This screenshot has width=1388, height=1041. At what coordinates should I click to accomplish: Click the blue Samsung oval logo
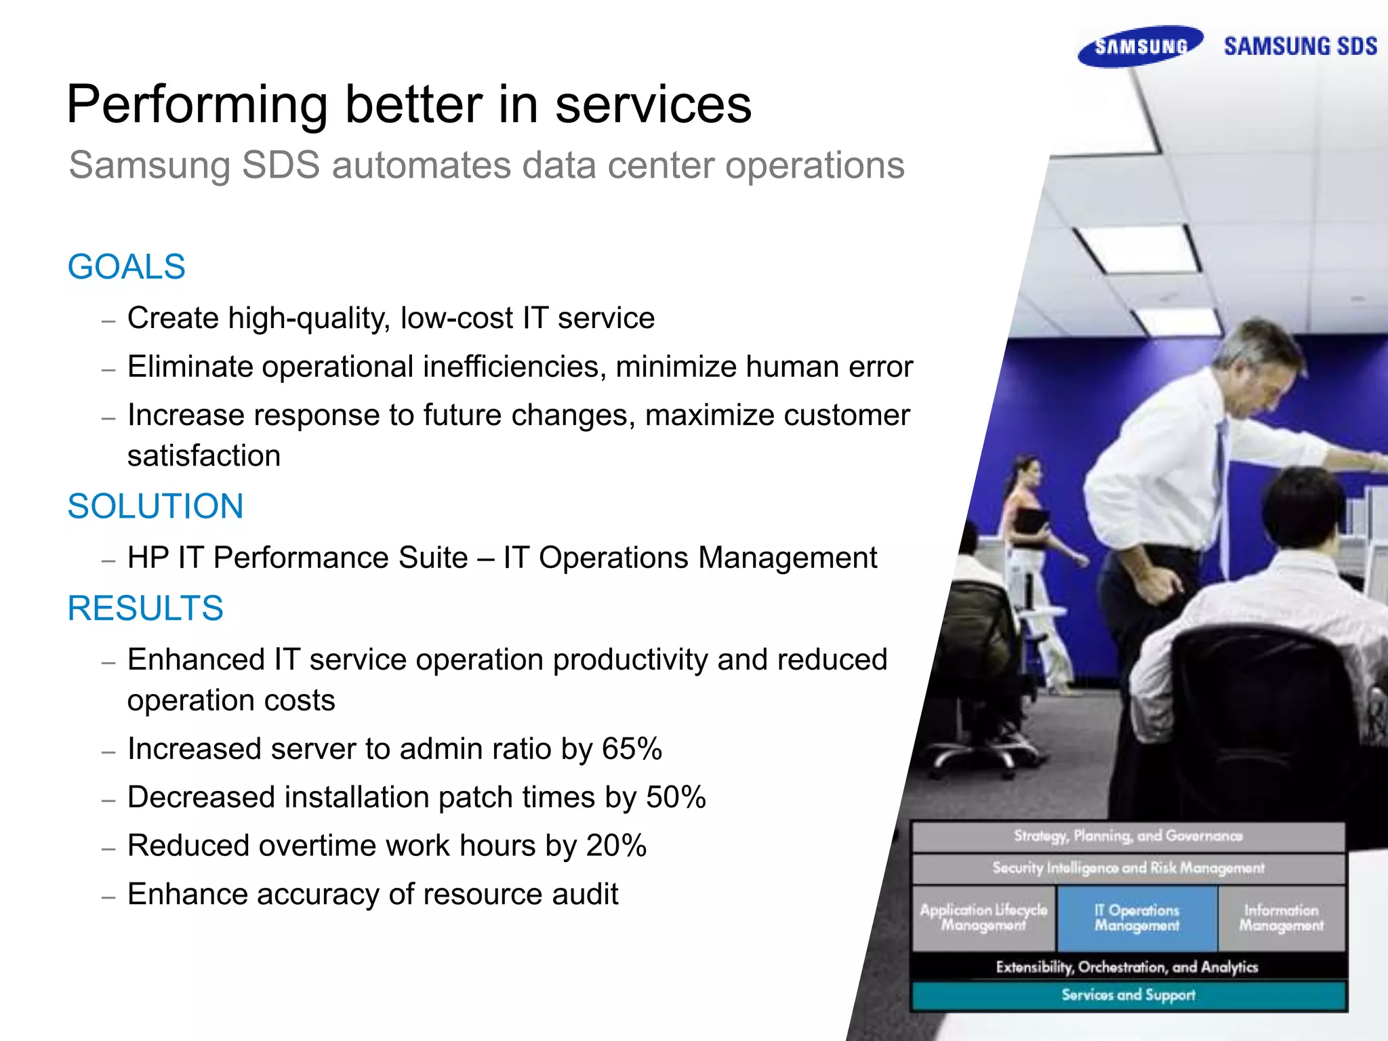[1141, 46]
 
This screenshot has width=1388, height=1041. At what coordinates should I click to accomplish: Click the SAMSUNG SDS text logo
[1300, 46]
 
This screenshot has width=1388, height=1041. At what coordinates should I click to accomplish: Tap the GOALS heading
[126, 266]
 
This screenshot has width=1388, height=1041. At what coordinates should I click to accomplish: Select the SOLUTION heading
[155, 506]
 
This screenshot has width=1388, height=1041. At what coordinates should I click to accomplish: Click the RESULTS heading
[145, 608]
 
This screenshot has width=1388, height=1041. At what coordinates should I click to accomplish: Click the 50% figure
[676, 797]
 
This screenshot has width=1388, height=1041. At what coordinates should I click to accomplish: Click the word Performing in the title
[197, 105]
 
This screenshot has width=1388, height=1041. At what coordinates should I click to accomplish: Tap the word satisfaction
[203, 455]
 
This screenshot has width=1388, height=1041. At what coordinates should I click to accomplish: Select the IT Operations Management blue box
[1137, 918]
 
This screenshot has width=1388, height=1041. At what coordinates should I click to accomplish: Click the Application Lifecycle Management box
[983, 918]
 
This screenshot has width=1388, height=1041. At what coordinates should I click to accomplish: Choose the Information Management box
[1281, 918]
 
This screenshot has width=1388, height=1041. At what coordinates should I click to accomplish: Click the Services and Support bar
[1128, 995]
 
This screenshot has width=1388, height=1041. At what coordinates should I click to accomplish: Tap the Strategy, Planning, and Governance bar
[1128, 836]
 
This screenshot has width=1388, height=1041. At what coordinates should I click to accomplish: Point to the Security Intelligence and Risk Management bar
[1128, 868]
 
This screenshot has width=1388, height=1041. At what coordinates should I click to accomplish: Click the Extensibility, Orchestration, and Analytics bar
[1127, 966]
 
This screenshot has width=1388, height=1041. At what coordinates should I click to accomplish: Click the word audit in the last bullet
[585, 894]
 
